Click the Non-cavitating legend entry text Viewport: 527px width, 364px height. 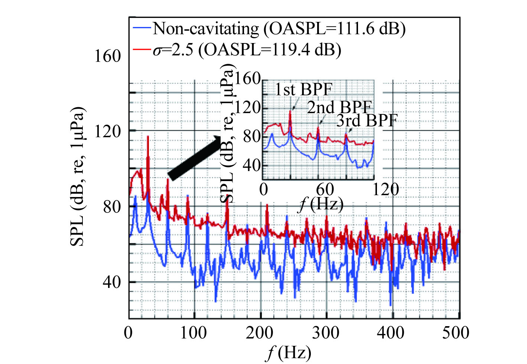point(279,29)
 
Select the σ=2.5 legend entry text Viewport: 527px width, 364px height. point(247,49)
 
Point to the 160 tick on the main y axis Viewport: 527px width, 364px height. point(108,56)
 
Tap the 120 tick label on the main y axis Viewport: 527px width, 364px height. point(108,131)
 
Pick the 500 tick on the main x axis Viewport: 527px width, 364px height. point(456,332)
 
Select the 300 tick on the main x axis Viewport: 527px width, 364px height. point(326,332)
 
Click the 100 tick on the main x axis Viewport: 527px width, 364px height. point(193,332)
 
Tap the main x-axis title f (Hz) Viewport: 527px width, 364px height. point(289,352)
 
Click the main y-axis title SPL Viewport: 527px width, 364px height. point(78,176)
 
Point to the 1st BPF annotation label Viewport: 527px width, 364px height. point(303,89)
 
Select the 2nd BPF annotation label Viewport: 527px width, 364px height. point(339,108)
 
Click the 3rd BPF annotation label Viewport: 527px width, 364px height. point(367,121)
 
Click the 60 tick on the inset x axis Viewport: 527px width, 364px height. point(325,190)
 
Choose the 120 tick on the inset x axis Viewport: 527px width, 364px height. point(386,190)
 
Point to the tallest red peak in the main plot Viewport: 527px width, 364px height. point(148,137)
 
